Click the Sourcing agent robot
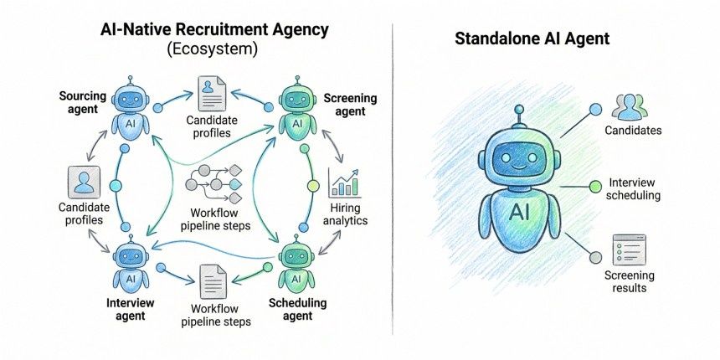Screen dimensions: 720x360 tap(131, 108)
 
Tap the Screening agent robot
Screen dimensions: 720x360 tap(297, 108)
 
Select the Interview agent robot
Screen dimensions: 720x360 tap(131, 265)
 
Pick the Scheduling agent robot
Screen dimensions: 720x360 tap(297, 265)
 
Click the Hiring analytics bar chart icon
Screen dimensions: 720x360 tap(344, 183)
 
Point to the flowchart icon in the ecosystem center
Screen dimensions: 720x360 tap(213, 183)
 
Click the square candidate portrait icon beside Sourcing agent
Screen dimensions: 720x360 tap(84, 182)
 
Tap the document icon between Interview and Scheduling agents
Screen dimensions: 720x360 tap(213, 282)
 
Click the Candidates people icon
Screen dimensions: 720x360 tap(629, 106)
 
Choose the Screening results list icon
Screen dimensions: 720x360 tap(629, 250)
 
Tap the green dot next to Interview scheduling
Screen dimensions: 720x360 tap(595, 187)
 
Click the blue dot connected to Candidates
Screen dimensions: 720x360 tap(595, 109)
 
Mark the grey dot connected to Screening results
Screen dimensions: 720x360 tap(595, 258)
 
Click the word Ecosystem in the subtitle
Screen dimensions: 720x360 tap(212, 49)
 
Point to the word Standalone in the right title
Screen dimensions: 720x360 tap(499, 39)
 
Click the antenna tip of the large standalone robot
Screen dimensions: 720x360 tap(519, 110)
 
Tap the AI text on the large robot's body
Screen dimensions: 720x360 tap(519, 212)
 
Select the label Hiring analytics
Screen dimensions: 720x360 tap(345, 214)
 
